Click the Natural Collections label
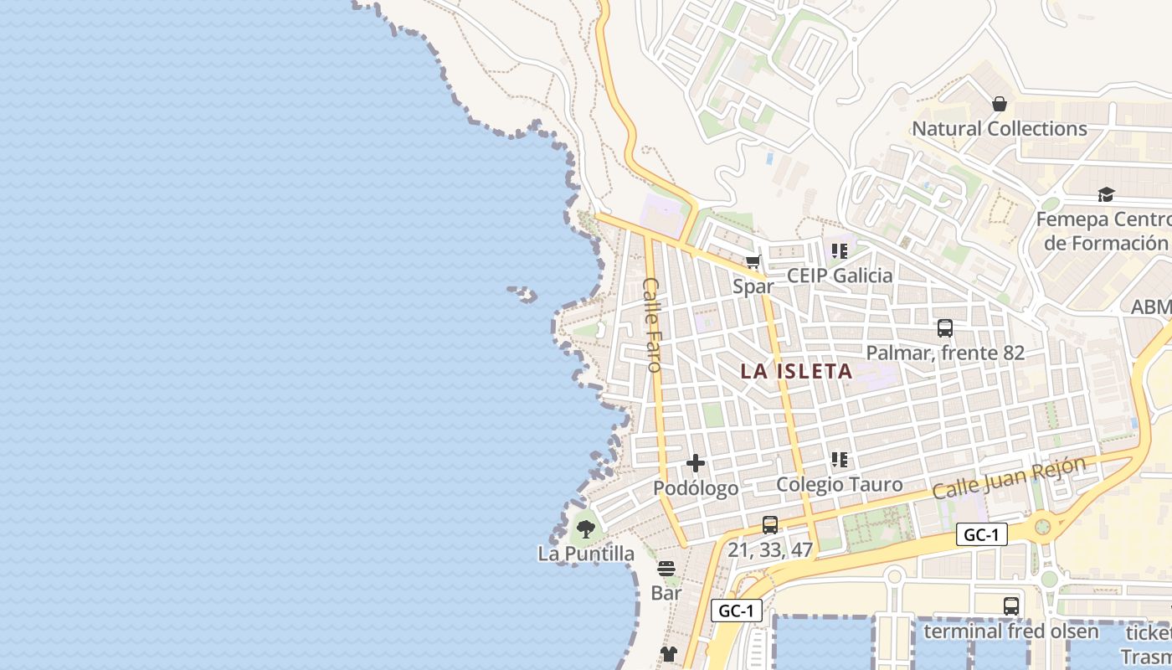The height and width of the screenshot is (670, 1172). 999,129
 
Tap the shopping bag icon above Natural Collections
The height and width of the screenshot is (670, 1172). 999,104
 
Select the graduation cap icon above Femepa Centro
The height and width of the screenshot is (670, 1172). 1106,194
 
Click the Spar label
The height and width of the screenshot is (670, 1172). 753,286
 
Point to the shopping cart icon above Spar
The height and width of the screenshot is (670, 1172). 753,262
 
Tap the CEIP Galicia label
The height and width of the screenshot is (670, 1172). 840,276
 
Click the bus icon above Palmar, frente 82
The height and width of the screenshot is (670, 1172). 945,328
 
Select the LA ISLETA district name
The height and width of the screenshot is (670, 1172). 796,371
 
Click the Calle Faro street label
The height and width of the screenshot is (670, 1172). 652,324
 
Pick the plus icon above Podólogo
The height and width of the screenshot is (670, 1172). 695,463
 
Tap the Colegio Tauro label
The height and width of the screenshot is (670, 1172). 840,484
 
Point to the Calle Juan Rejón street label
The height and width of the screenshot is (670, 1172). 1009,477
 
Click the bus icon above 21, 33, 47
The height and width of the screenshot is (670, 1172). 770,525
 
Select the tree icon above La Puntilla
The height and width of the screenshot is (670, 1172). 586,529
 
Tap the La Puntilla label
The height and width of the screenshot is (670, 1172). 586,554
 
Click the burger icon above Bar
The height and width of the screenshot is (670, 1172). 666,569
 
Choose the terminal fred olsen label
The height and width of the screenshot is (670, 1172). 1010,631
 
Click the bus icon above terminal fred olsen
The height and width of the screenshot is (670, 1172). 1010,606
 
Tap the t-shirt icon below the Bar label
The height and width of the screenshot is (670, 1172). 668,653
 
